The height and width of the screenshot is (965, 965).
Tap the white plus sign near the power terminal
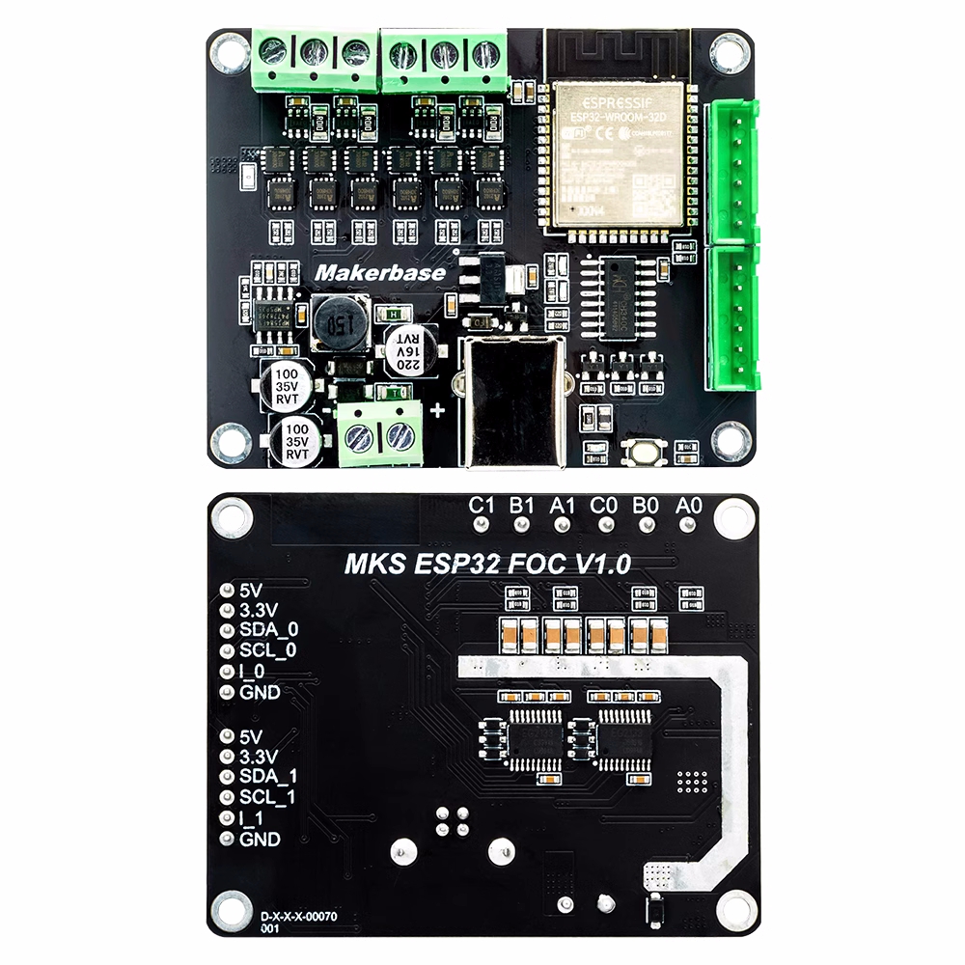point(438,411)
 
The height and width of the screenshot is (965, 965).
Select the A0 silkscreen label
point(687,504)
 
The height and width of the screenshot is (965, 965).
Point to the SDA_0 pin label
point(267,629)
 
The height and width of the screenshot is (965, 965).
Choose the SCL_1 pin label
point(267,797)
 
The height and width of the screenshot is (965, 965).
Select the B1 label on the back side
point(522,504)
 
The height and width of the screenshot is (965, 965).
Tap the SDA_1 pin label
point(267,776)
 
